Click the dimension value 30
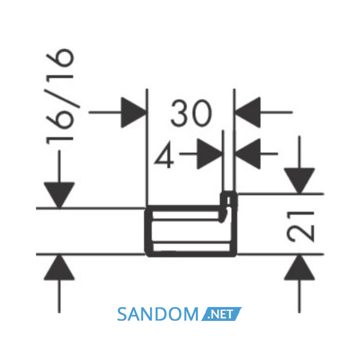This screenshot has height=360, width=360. tap(191, 114)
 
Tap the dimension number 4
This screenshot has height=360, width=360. tap(165, 155)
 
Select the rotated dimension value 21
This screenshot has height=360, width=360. tap(300, 227)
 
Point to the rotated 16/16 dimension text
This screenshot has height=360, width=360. tap(60, 97)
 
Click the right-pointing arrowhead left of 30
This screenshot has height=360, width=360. tap(134, 113)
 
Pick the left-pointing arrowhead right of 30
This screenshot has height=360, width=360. tap(248, 112)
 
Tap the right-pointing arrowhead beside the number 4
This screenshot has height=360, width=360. tap(210, 154)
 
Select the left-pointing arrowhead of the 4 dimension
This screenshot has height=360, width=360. tap(248, 154)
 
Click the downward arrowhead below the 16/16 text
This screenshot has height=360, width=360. tap(59, 195)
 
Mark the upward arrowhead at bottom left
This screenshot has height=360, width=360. tap(59, 267)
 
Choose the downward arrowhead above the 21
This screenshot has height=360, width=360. tap(299, 181)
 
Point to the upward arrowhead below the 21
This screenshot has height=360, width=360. tap(299, 267)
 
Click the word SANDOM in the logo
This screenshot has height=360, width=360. tap(158, 315)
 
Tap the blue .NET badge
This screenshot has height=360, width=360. tap(221, 314)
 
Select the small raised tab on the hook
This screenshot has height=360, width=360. tap(228, 199)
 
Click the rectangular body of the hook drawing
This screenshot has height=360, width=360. tap(191, 231)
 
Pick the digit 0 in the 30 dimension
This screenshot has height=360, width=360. tap(202, 114)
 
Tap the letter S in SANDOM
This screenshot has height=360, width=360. tap(123, 315)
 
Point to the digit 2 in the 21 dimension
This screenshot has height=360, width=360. tap(300, 234)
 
